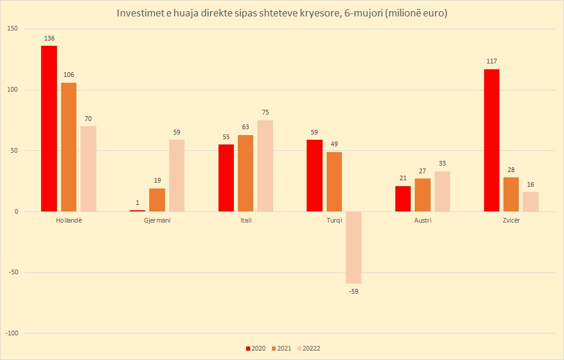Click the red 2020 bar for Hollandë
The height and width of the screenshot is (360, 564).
[49, 129]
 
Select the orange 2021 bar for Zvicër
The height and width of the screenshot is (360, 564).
[511, 194]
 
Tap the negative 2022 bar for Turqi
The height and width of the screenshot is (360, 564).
[354, 247]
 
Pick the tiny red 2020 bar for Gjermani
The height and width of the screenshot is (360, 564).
[137, 210]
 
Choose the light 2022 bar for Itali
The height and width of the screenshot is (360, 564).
[265, 166]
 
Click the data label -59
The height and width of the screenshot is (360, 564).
[354, 291]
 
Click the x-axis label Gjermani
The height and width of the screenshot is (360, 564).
[157, 220]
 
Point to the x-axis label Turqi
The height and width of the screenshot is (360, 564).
[334, 220]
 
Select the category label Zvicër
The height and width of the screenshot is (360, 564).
[511, 220]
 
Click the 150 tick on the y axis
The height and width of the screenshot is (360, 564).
[12, 29]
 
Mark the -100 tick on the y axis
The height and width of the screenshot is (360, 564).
[11, 333]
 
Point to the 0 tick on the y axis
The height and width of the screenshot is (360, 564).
[16, 211]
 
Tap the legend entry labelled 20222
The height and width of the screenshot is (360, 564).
[310, 348]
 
